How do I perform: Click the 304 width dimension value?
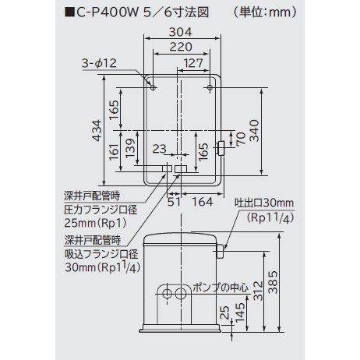point(181,32)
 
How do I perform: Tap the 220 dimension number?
point(181,47)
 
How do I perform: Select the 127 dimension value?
point(193,63)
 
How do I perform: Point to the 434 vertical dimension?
point(97,130)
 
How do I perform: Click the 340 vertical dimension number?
point(254,131)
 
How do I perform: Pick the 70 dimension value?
point(241,139)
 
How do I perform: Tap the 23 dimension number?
point(159,149)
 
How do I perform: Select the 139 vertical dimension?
point(130,148)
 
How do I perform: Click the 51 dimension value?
point(174,202)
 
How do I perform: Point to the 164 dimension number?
point(203,202)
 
